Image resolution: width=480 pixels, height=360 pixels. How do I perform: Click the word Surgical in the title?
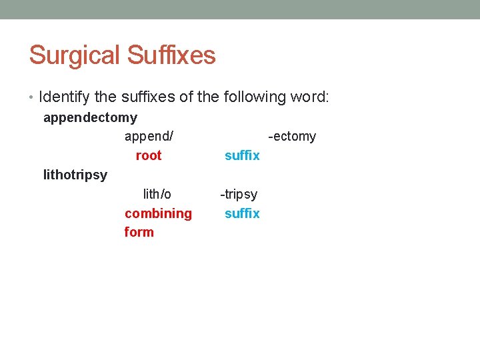tap(74, 55)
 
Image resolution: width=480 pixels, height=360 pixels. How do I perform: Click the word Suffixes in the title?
tap(171, 55)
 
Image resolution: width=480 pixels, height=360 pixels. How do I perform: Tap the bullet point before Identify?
tap(33, 97)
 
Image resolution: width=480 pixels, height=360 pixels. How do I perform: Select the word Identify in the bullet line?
tap(65, 97)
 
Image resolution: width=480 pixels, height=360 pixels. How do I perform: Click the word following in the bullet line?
tap(253, 97)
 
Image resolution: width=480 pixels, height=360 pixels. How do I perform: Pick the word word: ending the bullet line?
tap(309, 97)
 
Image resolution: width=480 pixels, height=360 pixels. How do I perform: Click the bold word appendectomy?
tap(90, 118)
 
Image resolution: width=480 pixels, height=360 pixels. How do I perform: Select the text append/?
tap(149, 137)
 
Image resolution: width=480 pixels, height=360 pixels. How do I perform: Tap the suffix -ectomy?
tap(292, 137)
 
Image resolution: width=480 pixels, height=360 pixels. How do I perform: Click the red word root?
tap(148, 155)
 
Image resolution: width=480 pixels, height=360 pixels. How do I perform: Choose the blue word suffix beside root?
tap(242, 155)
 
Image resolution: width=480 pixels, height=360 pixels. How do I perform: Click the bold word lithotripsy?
tap(75, 175)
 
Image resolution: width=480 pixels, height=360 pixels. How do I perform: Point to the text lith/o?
tap(157, 194)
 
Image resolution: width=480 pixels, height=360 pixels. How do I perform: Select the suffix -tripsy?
tap(239, 194)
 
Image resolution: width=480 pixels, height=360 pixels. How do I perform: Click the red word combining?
tap(158, 213)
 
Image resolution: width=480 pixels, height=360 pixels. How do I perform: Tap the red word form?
tap(139, 232)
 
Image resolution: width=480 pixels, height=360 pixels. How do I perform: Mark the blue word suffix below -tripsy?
tap(242, 213)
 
